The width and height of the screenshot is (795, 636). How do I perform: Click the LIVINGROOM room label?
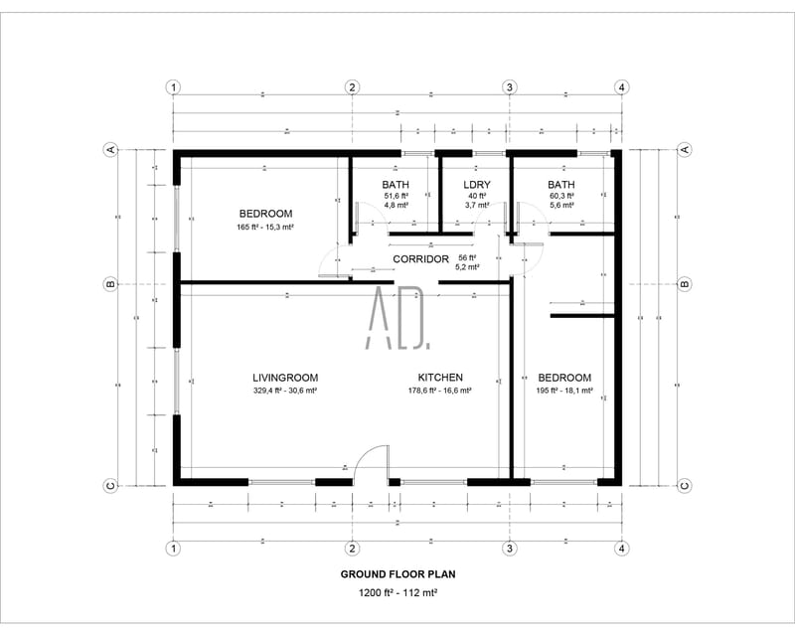point(284,378)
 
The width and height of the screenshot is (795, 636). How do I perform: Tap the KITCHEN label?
point(440,378)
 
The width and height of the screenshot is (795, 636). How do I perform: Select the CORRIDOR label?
point(421,259)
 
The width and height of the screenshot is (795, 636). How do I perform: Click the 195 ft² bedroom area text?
point(564,392)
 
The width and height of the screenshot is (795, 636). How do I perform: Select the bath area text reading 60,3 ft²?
point(561,197)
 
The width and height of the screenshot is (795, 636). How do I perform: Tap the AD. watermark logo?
point(397,318)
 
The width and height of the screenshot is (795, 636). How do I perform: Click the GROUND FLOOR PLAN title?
point(397,574)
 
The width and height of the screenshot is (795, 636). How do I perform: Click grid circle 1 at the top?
point(174,87)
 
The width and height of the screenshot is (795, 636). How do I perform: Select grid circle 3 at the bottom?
point(510,548)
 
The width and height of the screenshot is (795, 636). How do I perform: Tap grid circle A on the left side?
point(111,149)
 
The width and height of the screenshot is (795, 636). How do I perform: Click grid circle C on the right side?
point(684,485)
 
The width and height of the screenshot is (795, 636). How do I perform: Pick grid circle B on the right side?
point(684,284)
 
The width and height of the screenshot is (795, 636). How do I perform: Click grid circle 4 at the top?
point(621,87)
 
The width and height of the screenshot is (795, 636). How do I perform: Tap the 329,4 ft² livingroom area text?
point(284,392)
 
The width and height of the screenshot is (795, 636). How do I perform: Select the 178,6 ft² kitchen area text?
point(440,392)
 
